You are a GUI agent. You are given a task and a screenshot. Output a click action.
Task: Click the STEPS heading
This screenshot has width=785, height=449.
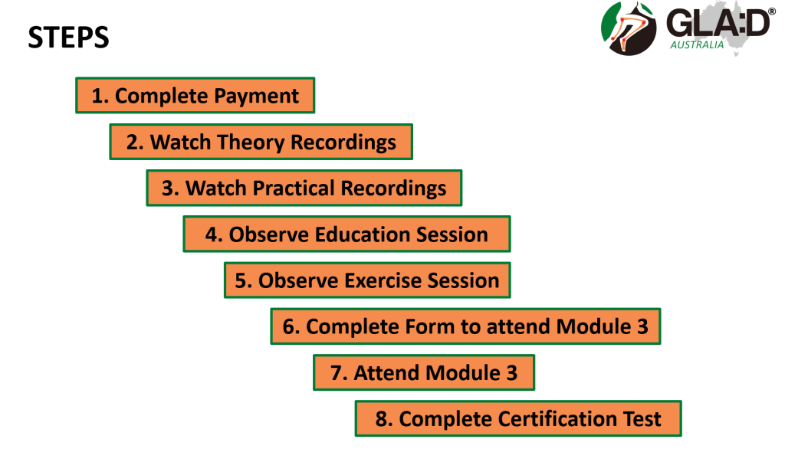(68, 38)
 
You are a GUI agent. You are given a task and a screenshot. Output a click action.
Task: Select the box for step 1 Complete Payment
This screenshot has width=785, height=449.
(195, 96)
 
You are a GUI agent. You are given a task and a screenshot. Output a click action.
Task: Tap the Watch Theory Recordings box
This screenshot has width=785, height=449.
(261, 143)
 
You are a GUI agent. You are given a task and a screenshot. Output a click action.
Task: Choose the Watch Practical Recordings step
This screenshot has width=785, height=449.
(304, 188)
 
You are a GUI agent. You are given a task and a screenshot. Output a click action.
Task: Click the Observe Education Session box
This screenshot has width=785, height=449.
(347, 234)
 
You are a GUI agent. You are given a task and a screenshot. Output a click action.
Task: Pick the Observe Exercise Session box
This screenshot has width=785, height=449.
(367, 280)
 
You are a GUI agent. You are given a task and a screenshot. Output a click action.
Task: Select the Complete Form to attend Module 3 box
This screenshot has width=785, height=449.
(465, 326)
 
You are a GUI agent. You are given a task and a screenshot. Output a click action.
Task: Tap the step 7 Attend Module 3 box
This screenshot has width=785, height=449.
(423, 373)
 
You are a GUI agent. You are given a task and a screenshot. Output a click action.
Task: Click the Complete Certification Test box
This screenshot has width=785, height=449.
(517, 419)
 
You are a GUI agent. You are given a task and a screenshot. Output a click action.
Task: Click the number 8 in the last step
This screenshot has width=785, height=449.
(381, 419)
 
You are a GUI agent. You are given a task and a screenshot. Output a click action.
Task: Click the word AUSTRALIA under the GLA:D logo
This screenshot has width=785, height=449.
(697, 44)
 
